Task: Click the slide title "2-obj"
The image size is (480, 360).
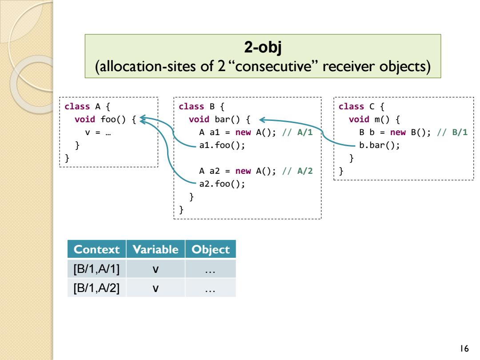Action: pyautogui.click(x=263, y=48)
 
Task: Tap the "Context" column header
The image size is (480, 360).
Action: pyautogui.click(x=96, y=249)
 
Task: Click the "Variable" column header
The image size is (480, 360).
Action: pyautogui.click(x=156, y=249)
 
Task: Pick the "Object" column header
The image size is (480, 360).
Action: pyautogui.click(x=211, y=249)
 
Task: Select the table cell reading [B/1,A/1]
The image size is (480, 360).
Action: pyautogui.click(x=96, y=269)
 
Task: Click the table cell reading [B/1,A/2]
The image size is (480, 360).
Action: pyautogui.click(x=96, y=288)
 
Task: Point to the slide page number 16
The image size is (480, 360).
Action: pyautogui.click(x=464, y=348)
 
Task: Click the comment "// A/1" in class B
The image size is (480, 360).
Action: pyautogui.click(x=297, y=132)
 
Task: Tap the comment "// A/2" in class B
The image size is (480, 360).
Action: pyautogui.click(x=297, y=171)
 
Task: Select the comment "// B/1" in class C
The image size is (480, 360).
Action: pyautogui.click(x=452, y=132)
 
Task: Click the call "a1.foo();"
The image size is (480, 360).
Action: pyautogui.click(x=222, y=145)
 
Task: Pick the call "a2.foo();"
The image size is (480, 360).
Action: pyautogui.click(x=222, y=184)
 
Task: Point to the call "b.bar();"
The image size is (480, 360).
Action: pyautogui.click(x=379, y=145)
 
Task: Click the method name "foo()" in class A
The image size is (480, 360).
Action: pyautogui.click(x=113, y=120)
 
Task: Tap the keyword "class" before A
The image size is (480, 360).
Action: pyautogui.click(x=77, y=107)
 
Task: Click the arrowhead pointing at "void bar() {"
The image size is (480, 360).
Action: pyautogui.click(x=262, y=120)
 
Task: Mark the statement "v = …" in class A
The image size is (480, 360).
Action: pyautogui.click(x=98, y=132)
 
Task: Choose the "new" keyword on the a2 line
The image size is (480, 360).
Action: pyautogui.click(x=243, y=171)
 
